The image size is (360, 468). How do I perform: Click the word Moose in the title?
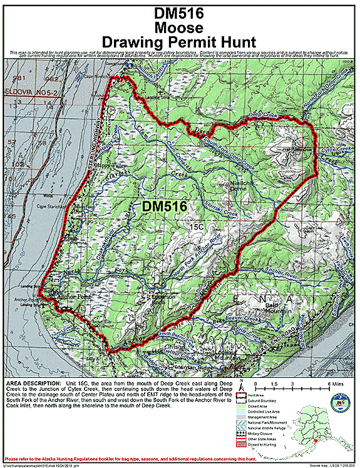point(180,28)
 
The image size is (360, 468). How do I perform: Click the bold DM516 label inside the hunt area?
point(162,206)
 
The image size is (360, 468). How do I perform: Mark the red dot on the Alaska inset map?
point(317,440)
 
